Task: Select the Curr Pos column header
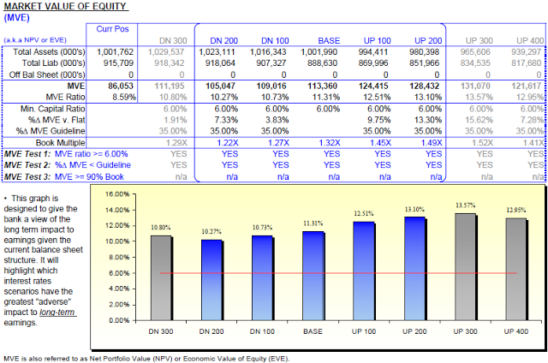coord(110,28)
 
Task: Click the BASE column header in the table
coord(328,40)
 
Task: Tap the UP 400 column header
coord(530,40)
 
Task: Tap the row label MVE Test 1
coord(27,152)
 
